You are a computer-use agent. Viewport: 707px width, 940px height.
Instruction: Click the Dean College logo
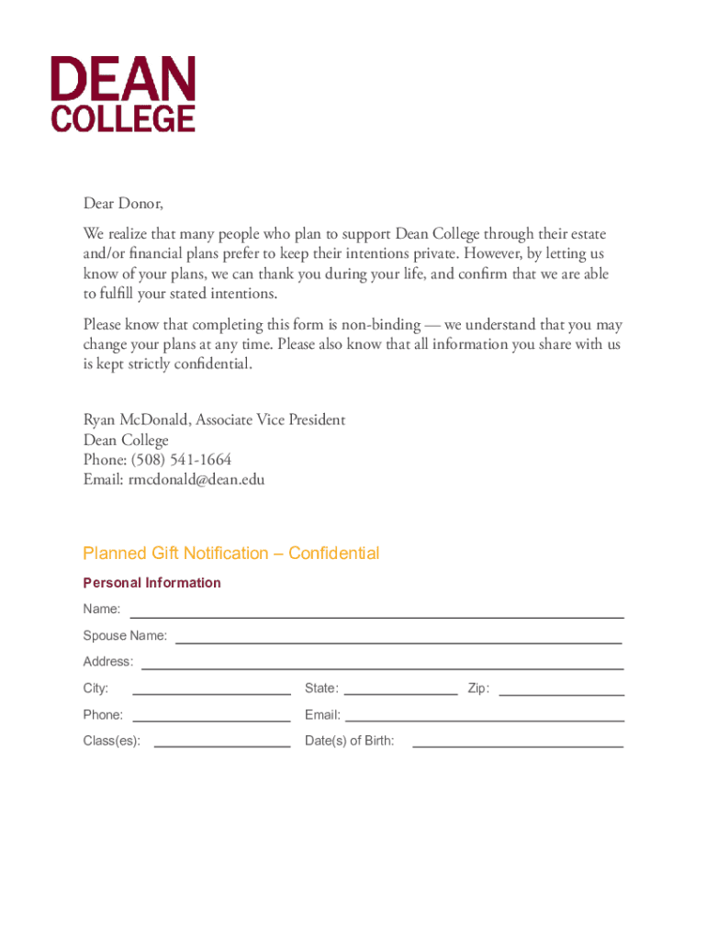click(123, 94)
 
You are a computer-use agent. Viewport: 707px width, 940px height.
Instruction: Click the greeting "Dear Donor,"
click(123, 203)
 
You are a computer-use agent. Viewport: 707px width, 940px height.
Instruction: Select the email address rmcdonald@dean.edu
click(196, 479)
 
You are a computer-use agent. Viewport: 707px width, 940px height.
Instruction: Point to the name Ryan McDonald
click(135, 420)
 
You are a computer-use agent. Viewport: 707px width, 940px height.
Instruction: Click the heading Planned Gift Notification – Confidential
click(230, 554)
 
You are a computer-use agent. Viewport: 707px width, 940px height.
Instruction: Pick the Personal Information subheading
click(151, 583)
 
